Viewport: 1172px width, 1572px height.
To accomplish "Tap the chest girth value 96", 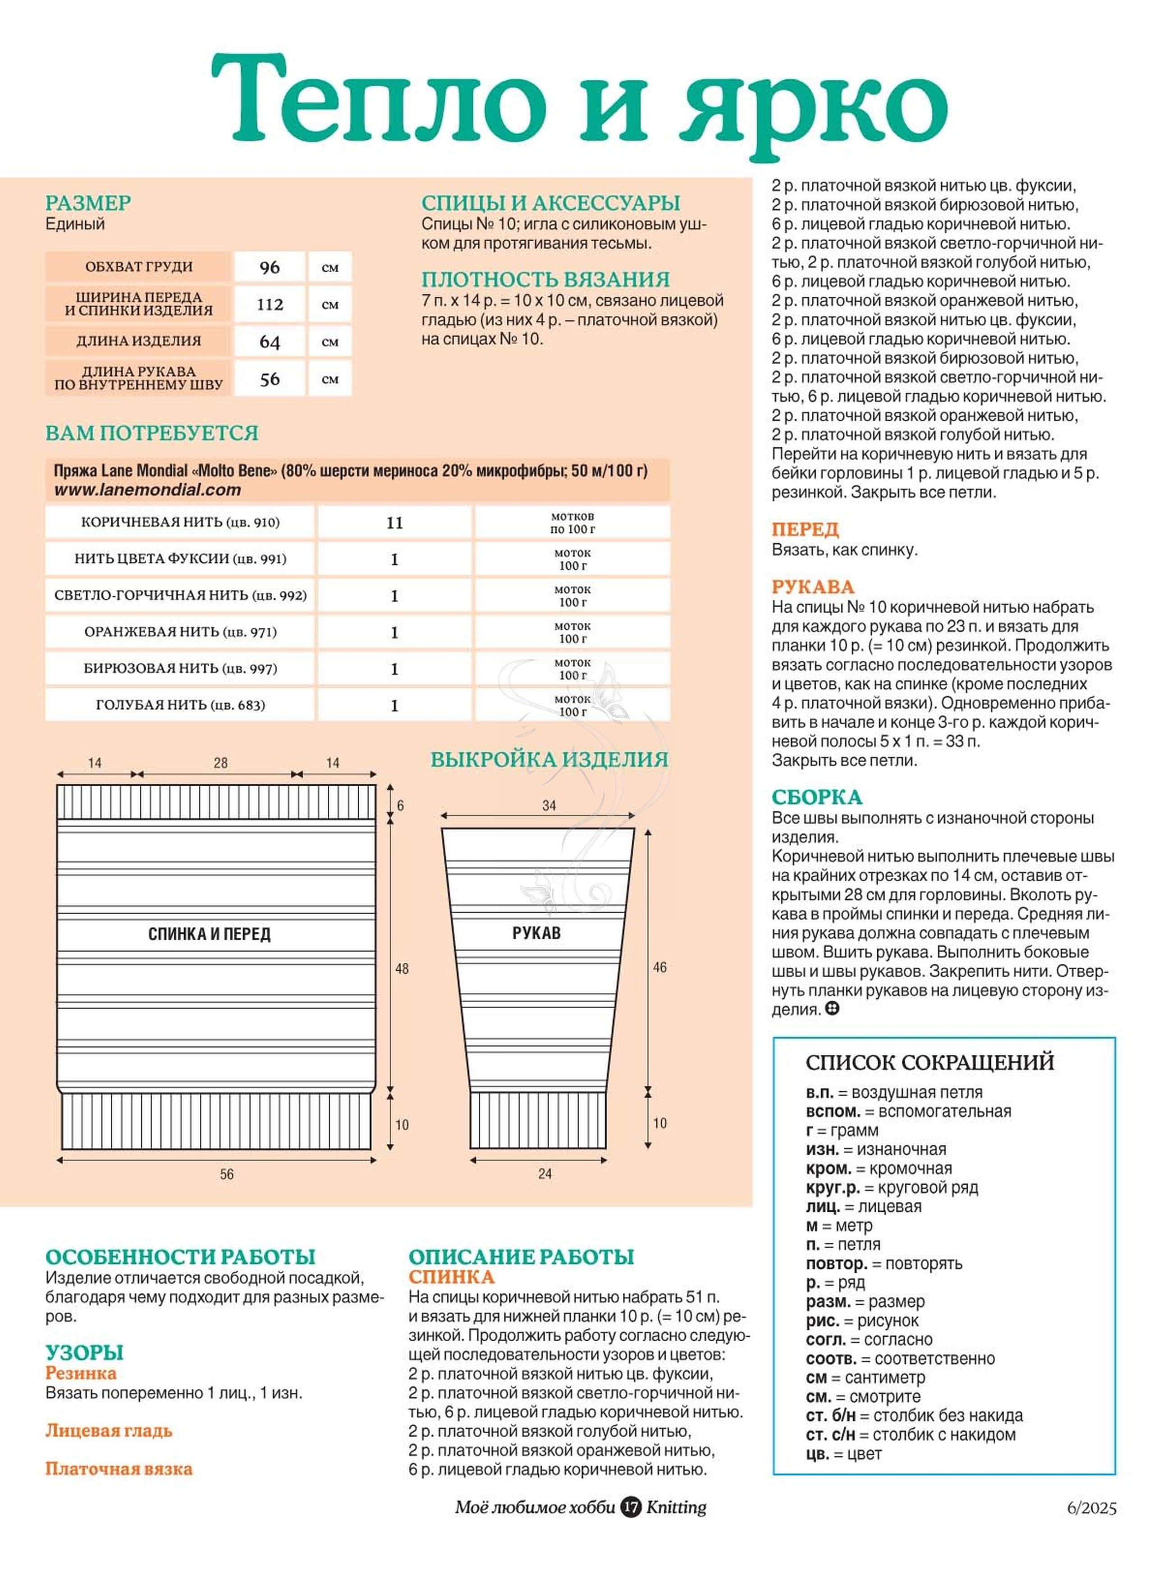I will point(270,267).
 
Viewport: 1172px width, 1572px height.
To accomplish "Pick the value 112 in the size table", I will point(270,304).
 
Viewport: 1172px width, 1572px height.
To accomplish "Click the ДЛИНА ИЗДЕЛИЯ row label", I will point(138,341).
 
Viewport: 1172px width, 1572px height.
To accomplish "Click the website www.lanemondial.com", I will point(147,490).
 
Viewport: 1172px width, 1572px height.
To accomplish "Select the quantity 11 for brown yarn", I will point(394,523).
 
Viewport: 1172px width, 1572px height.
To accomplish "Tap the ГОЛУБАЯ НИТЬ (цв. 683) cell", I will point(180,705).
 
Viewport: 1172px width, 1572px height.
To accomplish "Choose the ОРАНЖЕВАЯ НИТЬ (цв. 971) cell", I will point(180,632).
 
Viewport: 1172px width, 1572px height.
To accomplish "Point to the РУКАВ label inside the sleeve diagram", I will point(536,933).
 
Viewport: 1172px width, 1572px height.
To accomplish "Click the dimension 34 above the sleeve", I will point(549,805).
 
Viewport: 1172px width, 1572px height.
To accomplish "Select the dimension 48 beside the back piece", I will point(402,968).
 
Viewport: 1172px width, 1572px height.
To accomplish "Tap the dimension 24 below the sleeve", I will point(545,1173).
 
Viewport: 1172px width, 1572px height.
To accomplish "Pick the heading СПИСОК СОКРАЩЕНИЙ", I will point(929,1062).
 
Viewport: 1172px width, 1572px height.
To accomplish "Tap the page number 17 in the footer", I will point(631,1507).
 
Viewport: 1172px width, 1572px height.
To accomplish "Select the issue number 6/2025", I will point(1092,1508).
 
